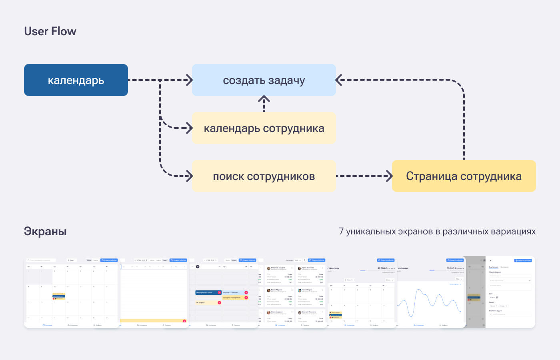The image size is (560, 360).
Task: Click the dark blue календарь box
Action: click(x=76, y=80)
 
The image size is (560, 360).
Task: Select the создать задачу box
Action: click(x=264, y=80)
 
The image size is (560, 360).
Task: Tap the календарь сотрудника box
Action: click(x=264, y=128)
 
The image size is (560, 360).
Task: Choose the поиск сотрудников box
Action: click(x=264, y=176)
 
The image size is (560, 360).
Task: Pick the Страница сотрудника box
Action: click(x=464, y=176)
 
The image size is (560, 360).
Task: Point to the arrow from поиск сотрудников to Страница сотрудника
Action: click(x=364, y=176)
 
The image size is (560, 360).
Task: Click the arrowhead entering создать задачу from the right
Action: click(x=340, y=80)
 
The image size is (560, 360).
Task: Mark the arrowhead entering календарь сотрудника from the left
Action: click(x=189, y=128)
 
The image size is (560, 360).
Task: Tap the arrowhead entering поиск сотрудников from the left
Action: click(x=189, y=176)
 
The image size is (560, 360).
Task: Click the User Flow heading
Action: click(x=50, y=31)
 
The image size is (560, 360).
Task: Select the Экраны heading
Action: click(x=45, y=231)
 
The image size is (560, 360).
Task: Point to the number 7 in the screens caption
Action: click(x=341, y=232)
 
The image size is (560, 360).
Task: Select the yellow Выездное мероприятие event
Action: click(x=233, y=298)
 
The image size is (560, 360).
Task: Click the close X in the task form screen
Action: click(x=491, y=260)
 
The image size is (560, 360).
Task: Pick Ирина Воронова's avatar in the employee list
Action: click(x=300, y=268)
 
